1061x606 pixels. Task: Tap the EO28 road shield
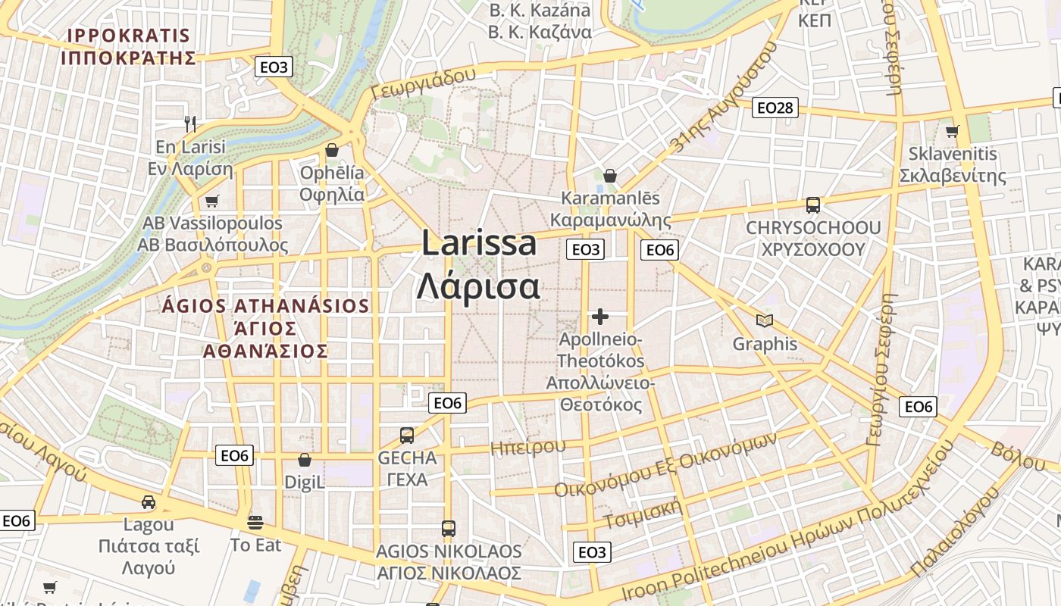[x=775, y=108]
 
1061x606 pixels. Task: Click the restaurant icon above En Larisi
[x=190, y=123]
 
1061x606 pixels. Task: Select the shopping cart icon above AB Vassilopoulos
[x=212, y=201]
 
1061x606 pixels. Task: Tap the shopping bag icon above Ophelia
[x=331, y=150]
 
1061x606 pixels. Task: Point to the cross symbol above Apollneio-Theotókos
[x=600, y=316]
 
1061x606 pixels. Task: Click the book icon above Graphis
[x=765, y=321]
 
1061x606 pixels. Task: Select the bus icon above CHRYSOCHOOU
[x=813, y=205]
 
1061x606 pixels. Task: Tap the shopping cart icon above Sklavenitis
[x=953, y=131]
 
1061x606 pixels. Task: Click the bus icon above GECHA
[x=407, y=436]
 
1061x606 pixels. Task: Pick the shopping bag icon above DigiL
[x=305, y=460]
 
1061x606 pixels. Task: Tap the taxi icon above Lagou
[x=149, y=502]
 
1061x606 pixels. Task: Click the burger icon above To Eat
[x=255, y=522]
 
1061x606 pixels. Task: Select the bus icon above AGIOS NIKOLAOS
[x=449, y=528]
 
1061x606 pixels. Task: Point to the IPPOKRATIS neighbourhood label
[x=128, y=36]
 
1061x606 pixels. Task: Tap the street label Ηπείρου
[x=528, y=447]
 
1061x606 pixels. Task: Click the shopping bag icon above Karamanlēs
[x=610, y=176]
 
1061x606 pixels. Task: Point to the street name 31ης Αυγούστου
[x=724, y=98]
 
